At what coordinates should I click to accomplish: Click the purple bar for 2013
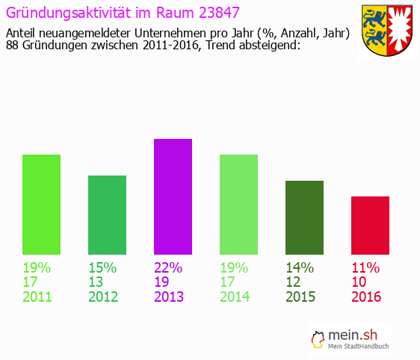[173, 196]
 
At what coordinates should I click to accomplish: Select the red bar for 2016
[370, 225]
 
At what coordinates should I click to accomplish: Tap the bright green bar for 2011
[41, 204]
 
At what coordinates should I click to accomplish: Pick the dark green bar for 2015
[304, 217]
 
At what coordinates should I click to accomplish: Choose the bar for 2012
[107, 214]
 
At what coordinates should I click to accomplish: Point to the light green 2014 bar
[238, 204]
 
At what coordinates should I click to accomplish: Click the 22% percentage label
[168, 267]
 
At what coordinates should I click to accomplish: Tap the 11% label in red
[365, 267]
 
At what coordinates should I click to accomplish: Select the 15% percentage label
[102, 267]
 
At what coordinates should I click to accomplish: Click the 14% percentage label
[300, 267]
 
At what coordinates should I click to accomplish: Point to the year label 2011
[37, 297]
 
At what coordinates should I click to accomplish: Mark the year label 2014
[235, 297]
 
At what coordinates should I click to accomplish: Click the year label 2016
[366, 297]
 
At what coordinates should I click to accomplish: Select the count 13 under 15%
[96, 282]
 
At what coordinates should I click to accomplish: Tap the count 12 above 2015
[294, 282]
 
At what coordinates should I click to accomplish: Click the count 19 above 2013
[162, 282]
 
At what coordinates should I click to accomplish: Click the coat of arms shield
[386, 31]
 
